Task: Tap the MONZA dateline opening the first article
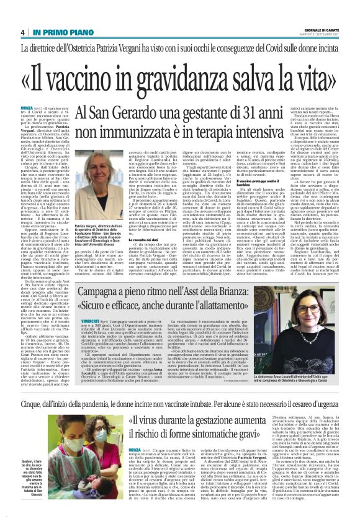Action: click(x=29, y=108)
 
